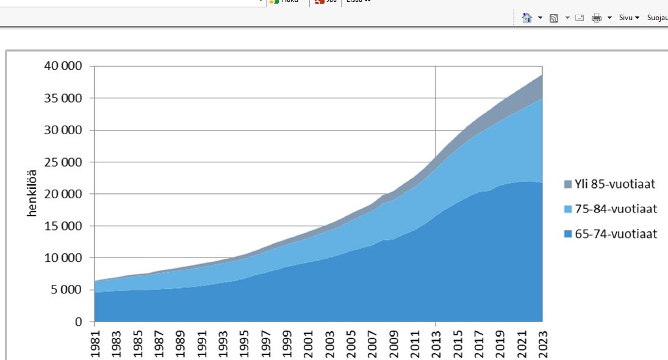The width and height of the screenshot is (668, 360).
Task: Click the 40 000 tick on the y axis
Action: tap(63, 67)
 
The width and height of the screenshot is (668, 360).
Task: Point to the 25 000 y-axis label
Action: tap(63, 162)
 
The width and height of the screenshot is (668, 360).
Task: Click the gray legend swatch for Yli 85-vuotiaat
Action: tap(567, 184)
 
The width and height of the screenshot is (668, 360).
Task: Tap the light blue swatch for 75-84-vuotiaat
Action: tap(567, 209)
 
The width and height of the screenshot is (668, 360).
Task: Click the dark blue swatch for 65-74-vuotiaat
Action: tap(567, 234)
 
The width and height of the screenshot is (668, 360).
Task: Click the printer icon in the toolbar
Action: tap(597, 18)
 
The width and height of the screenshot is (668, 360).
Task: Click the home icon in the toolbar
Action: tap(528, 18)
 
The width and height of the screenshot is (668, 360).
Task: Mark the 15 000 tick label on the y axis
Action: tap(63, 226)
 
